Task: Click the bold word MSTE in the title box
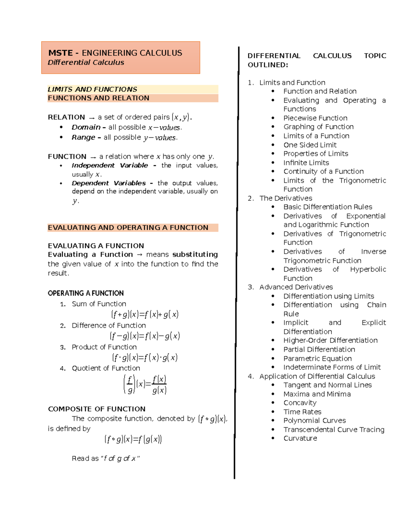[61, 53]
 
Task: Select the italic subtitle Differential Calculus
[86, 63]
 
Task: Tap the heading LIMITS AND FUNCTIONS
[92, 89]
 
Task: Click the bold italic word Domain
[86, 127]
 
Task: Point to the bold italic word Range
[83, 138]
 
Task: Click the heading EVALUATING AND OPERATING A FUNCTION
[128, 228]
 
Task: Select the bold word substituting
[195, 255]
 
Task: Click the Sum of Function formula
[144, 314]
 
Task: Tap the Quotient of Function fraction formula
[145, 385]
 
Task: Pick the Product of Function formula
[144, 358]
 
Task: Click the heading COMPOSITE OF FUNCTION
[97, 409]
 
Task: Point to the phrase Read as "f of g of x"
[105, 459]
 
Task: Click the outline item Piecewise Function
[315, 118]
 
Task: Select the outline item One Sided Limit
[310, 145]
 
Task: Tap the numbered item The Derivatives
[286, 198]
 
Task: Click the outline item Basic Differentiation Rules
[327, 207]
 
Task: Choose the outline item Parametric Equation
[317, 359]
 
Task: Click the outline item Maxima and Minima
[317, 394]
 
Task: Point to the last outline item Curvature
[300, 439]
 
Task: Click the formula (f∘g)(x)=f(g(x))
[133, 440]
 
